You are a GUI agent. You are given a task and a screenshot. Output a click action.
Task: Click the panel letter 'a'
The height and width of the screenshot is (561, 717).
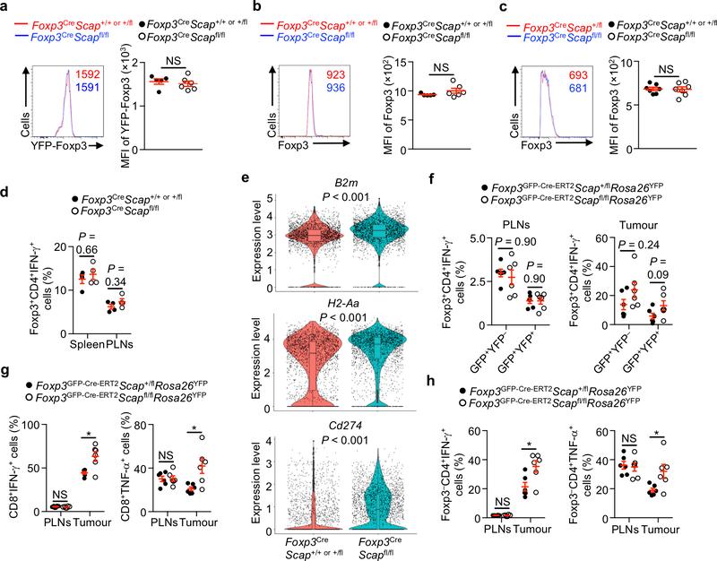(6, 7)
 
